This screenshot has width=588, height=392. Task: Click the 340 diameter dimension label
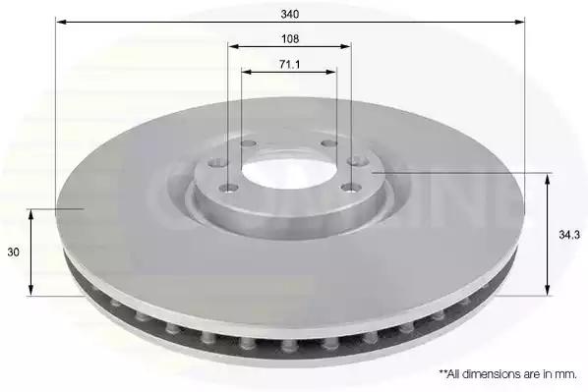pyautogui.click(x=290, y=14)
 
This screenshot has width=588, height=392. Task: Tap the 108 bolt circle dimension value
pyautogui.click(x=290, y=38)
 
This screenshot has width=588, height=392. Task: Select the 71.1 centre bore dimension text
pyautogui.click(x=289, y=65)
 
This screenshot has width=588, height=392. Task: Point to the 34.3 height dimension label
pyautogui.click(x=569, y=235)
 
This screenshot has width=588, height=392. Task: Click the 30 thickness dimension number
pyautogui.click(x=13, y=252)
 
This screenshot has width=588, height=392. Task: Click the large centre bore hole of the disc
pyautogui.click(x=289, y=169)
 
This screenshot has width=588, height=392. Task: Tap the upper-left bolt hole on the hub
pyautogui.click(x=248, y=143)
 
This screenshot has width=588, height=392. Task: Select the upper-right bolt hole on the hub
pyautogui.click(x=330, y=143)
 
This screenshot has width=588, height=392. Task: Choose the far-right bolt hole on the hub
pyautogui.click(x=357, y=161)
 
